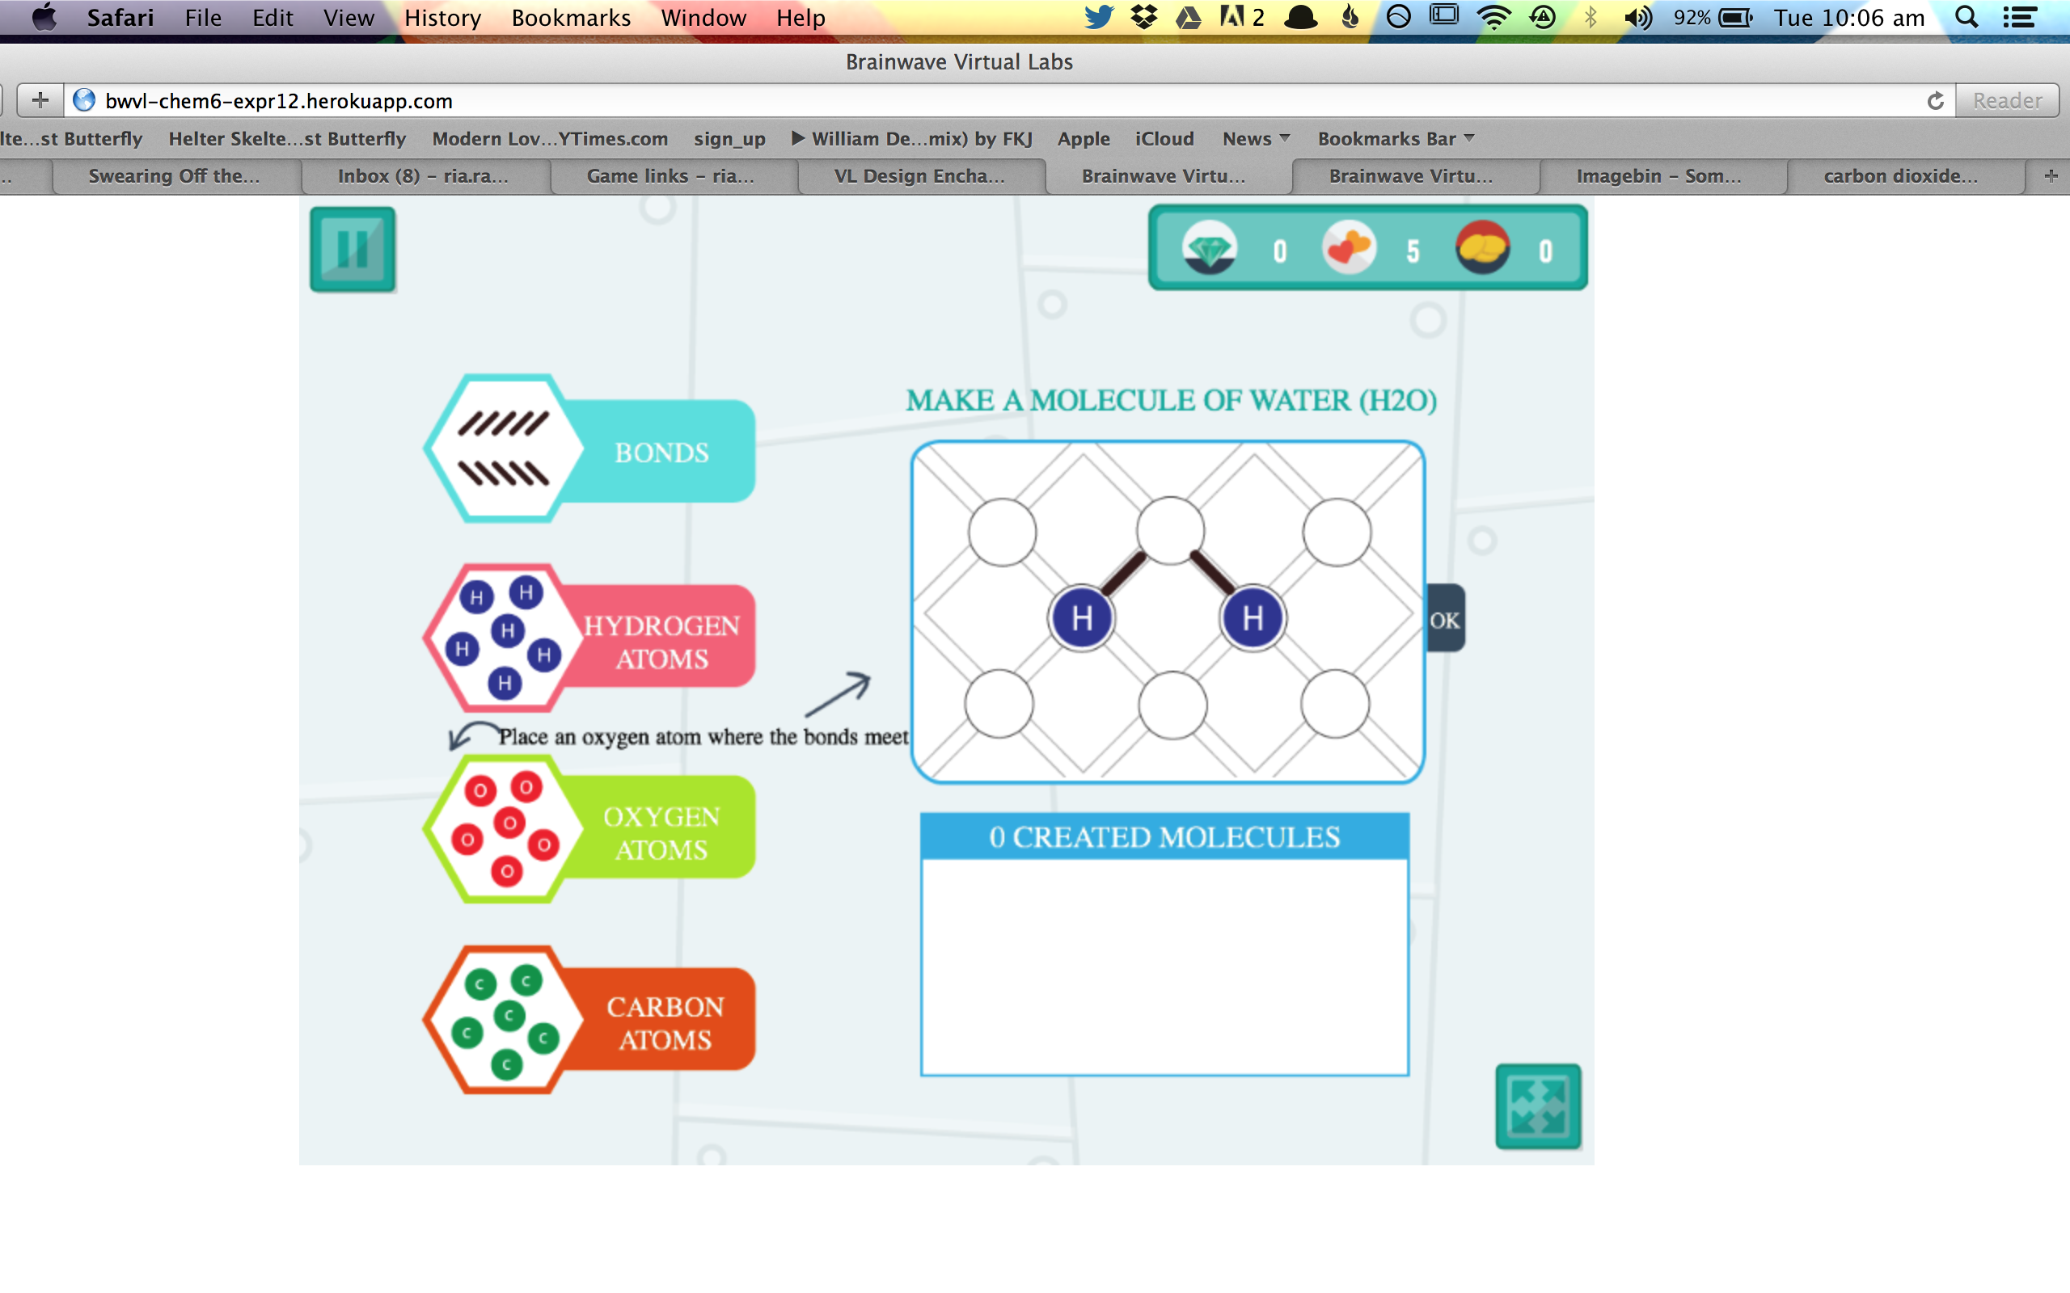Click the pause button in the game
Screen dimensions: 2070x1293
pyautogui.click(x=353, y=249)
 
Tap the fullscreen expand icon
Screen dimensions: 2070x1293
pyautogui.click(x=1538, y=1106)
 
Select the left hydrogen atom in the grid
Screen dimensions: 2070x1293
pyautogui.click(x=1082, y=617)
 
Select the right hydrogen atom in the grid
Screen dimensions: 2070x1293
pyautogui.click(x=1253, y=617)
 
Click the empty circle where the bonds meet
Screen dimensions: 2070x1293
pyautogui.click(x=1170, y=531)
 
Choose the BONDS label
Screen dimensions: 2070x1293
pyautogui.click(x=661, y=453)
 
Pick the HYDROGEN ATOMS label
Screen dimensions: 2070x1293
pyautogui.click(x=661, y=642)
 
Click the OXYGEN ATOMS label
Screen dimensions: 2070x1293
pyautogui.click(x=661, y=833)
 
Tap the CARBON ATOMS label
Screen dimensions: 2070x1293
pyautogui.click(x=665, y=1023)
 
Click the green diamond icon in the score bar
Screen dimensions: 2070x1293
pyautogui.click(x=1209, y=249)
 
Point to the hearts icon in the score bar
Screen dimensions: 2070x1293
pyautogui.click(x=1349, y=248)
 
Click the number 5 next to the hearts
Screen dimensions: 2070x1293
pyautogui.click(x=1413, y=251)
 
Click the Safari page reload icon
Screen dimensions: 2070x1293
pyautogui.click(x=1936, y=101)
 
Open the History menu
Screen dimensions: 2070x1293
pyautogui.click(x=442, y=18)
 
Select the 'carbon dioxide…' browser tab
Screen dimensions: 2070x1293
pyautogui.click(x=1899, y=176)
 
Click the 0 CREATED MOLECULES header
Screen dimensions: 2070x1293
pyautogui.click(x=1164, y=836)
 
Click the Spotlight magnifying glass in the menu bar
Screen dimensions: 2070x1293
pyautogui.click(x=1966, y=18)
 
